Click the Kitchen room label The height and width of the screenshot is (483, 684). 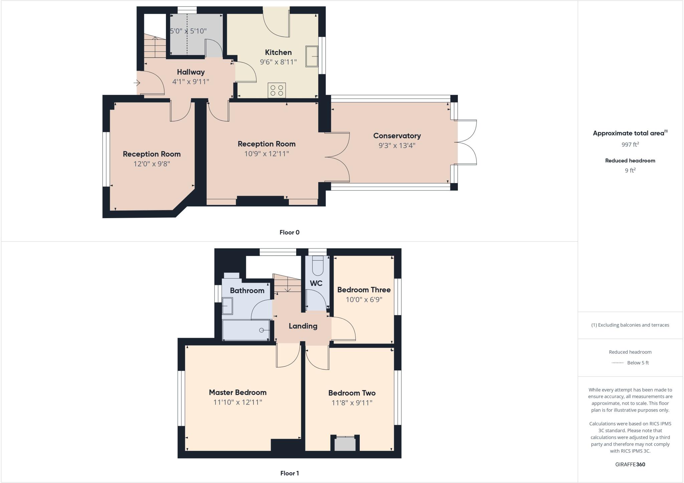tap(278, 52)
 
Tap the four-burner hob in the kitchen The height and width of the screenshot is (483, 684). tap(277, 90)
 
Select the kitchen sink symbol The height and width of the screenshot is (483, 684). tap(312, 56)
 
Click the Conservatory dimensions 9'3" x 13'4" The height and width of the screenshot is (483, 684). tap(397, 145)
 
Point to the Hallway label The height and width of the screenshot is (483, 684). tap(191, 72)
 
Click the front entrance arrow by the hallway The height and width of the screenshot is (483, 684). tap(137, 83)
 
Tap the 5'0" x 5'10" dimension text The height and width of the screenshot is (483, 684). tap(188, 31)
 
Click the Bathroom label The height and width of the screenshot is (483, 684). tap(247, 291)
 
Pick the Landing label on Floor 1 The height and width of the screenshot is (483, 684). tap(303, 326)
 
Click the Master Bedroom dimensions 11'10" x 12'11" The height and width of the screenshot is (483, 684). tap(238, 402)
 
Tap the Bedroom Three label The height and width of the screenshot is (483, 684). tap(364, 290)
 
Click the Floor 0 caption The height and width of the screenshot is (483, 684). tap(289, 232)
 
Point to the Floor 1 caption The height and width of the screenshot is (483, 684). tap(289, 473)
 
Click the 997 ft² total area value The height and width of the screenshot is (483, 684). tap(630, 145)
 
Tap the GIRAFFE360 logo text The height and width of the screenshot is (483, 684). tap(630, 464)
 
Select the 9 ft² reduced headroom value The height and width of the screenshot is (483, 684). tap(630, 170)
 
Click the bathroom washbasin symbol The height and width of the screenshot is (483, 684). tap(228, 306)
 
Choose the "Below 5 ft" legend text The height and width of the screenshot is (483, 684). tap(638, 363)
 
